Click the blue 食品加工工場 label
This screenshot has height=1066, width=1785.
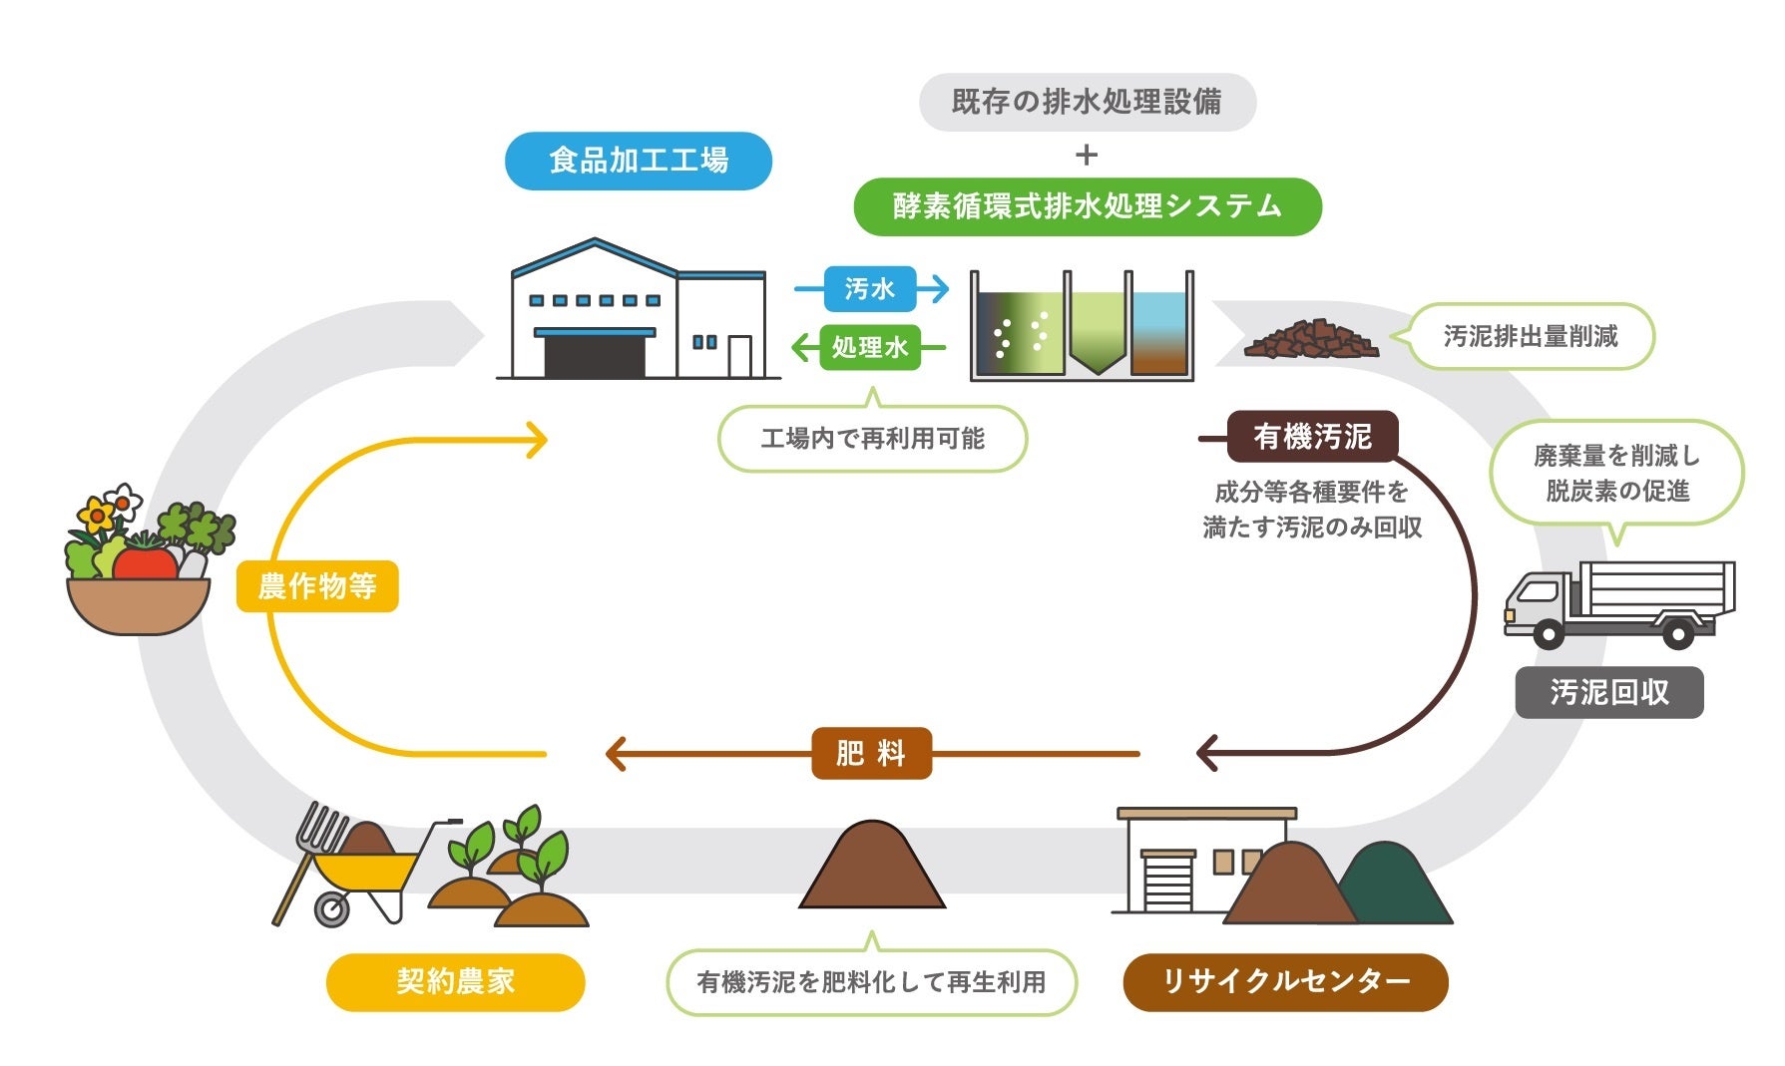(639, 161)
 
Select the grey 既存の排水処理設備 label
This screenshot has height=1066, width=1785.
(1087, 102)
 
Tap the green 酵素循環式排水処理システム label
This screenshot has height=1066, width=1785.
(1087, 206)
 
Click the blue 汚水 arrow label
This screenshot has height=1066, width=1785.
(869, 289)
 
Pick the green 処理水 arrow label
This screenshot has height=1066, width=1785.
(869, 347)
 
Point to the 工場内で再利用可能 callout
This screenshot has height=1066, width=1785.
(872, 439)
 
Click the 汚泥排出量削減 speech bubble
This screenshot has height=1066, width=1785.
(1531, 337)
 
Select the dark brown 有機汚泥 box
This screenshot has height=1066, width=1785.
(1312, 437)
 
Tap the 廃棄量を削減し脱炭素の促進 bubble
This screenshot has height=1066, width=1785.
(1616, 474)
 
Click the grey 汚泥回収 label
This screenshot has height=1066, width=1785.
(1608, 692)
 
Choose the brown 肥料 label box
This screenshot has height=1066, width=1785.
(871, 753)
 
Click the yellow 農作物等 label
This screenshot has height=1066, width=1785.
(317, 586)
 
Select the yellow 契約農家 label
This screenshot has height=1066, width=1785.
(455, 982)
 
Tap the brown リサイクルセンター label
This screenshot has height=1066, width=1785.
(1285, 982)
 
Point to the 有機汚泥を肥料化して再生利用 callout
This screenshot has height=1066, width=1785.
(871, 983)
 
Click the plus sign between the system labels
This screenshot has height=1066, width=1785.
(1087, 156)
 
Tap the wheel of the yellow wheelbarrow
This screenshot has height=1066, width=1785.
(332, 908)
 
